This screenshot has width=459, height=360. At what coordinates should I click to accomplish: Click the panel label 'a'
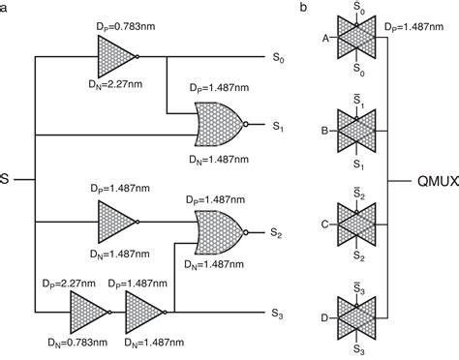6,8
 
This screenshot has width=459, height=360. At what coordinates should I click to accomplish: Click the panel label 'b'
305,8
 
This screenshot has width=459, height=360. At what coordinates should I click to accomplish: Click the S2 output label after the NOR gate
278,232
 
